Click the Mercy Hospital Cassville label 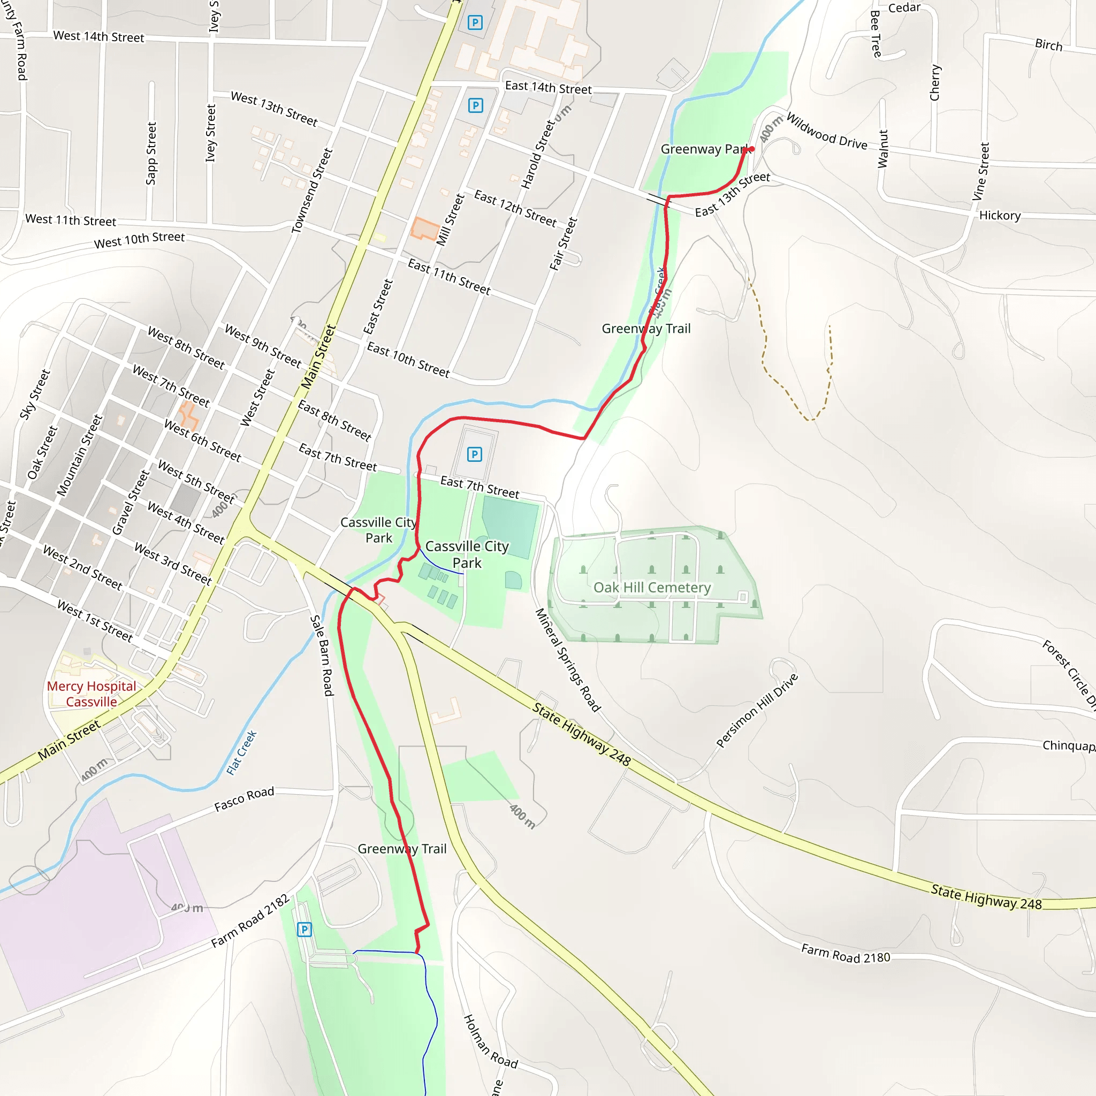tap(92, 694)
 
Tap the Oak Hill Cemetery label tap(652, 588)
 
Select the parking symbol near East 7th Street tap(475, 454)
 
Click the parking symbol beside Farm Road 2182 tap(305, 929)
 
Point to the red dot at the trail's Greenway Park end tap(752, 149)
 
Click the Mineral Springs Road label tap(567, 660)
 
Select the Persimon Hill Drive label tap(757, 710)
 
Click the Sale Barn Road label tap(322, 655)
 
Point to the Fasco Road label tap(244, 799)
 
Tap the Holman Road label tap(491, 1042)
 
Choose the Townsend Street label tap(311, 191)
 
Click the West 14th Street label tap(98, 36)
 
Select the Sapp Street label tap(151, 153)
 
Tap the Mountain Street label tap(79, 455)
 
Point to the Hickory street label tap(1000, 216)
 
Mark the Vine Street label tap(981, 171)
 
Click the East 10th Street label tap(408, 360)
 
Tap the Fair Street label tap(563, 244)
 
